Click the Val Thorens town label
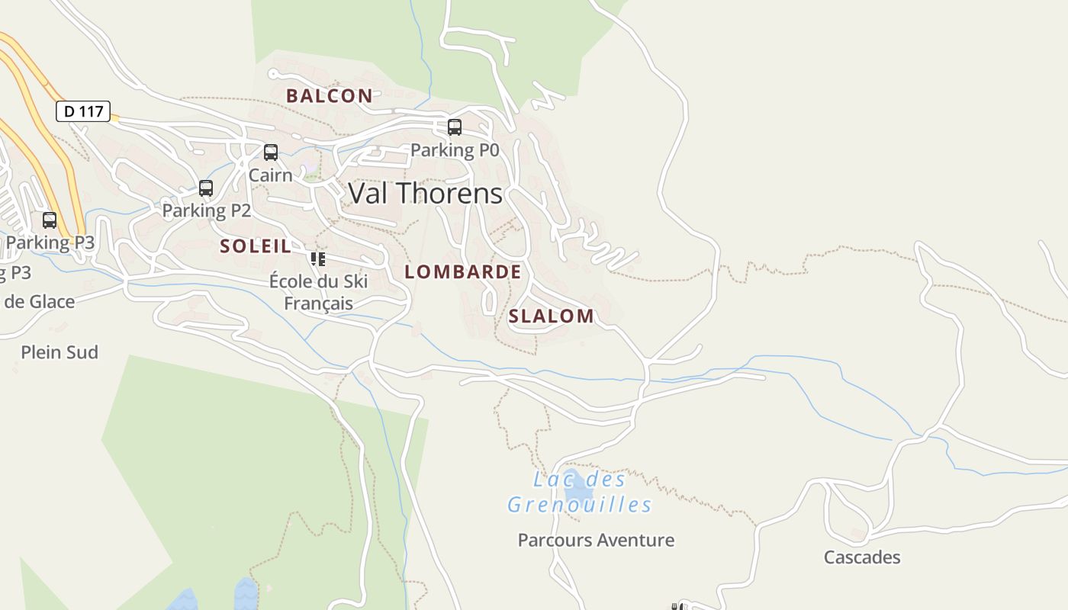425,194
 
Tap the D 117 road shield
83,111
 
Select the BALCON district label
330,96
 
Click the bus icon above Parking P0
455,127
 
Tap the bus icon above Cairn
271,152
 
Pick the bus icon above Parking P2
206,188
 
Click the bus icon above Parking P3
50,220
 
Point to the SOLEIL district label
256,246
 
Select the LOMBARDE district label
463,272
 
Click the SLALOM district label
551,316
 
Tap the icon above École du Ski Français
318,258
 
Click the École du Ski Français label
319,292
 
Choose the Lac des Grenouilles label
580,493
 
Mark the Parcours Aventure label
596,541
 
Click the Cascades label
862,557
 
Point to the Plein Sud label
60,352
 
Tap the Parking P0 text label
455,150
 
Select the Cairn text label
271,175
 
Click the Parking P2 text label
206,210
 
